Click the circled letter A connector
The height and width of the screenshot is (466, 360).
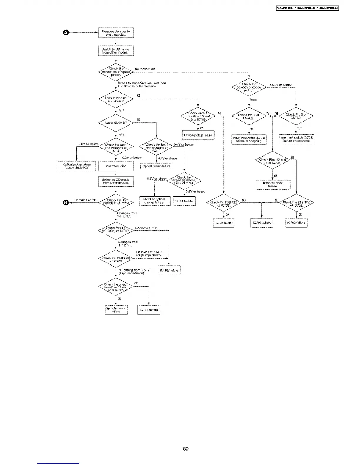click(66, 33)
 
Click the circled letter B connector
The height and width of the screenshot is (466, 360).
click(66, 202)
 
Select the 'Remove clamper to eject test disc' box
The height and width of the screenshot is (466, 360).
click(116, 33)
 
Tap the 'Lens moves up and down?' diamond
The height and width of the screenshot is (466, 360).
click(116, 99)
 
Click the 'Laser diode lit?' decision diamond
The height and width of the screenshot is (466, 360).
click(116, 122)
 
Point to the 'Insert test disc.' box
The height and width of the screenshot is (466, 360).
click(116, 166)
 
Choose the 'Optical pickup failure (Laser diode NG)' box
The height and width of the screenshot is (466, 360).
click(77, 166)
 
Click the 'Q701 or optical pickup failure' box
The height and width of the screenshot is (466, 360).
click(154, 201)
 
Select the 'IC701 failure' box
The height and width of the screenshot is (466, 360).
click(184, 201)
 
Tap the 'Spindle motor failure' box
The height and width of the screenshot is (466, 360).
click(116, 310)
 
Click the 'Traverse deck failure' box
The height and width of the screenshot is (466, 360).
click(272, 184)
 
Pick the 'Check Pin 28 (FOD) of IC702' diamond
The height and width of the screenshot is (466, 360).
click(224, 204)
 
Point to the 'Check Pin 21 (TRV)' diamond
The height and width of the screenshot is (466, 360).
click(296, 204)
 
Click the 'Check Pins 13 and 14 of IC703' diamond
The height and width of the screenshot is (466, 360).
click(272, 161)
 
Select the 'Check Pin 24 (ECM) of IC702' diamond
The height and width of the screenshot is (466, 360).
click(116, 259)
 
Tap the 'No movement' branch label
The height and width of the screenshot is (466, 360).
click(145, 69)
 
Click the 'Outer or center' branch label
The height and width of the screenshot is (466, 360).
click(281, 85)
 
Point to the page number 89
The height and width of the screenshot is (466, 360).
click(186, 449)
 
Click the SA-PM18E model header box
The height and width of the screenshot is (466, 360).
click(308, 8)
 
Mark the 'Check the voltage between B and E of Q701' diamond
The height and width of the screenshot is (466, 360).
click(184, 180)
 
